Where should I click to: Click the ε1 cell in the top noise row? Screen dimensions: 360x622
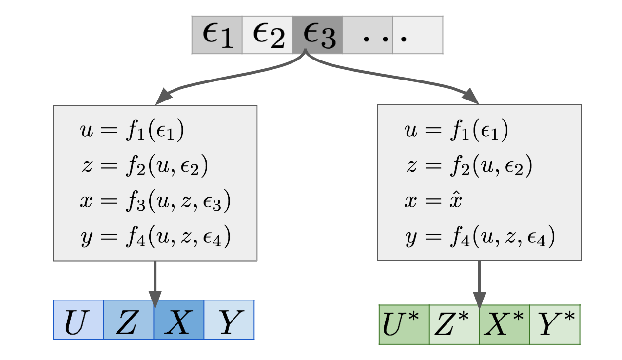pyautogui.click(x=217, y=35)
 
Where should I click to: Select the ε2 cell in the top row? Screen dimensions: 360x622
pyautogui.click(x=267, y=35)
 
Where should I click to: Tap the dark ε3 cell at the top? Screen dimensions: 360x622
pyautogui.click(x=318, y=35)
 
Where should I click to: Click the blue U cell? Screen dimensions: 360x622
pyautogui.click(x=78, y=320)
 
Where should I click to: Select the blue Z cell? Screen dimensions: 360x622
pyautogui.click(x=129, y=320)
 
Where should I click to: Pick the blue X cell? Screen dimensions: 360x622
pyautogui.click(x=179, y=320)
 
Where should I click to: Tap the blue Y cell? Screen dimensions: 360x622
pyautogui.click(x=229, y=320)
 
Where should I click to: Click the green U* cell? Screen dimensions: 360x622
pyautogui.click(x=404, y=324)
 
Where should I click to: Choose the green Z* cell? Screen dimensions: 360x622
pyautogui.click(x=454, y=324)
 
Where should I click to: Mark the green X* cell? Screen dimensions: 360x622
pyautogui.click(x=505, y=324)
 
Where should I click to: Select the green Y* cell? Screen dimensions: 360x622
pyautogui.click(x=555, y=324)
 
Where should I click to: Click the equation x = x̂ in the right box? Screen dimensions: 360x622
pyautogui.click(x=433, y=201)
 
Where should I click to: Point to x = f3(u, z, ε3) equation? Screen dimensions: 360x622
pyautogui.click(x=155, y=201)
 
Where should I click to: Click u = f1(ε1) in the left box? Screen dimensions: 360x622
pyautogui.click(x=132, y=132)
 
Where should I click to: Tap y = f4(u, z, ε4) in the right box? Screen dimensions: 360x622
pyautogui.click(x=480, y=238)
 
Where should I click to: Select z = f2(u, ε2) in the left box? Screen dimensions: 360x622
pyautogui.click(x=144, y=166)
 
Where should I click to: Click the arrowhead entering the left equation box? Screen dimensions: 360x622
pyautogui.click(x=164, y=97)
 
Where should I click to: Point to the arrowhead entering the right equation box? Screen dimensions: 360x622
pyautogui.click(x=471, y=96)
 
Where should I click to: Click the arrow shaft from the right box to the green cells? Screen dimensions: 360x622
pyautogui.click(x=480, y=278)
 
